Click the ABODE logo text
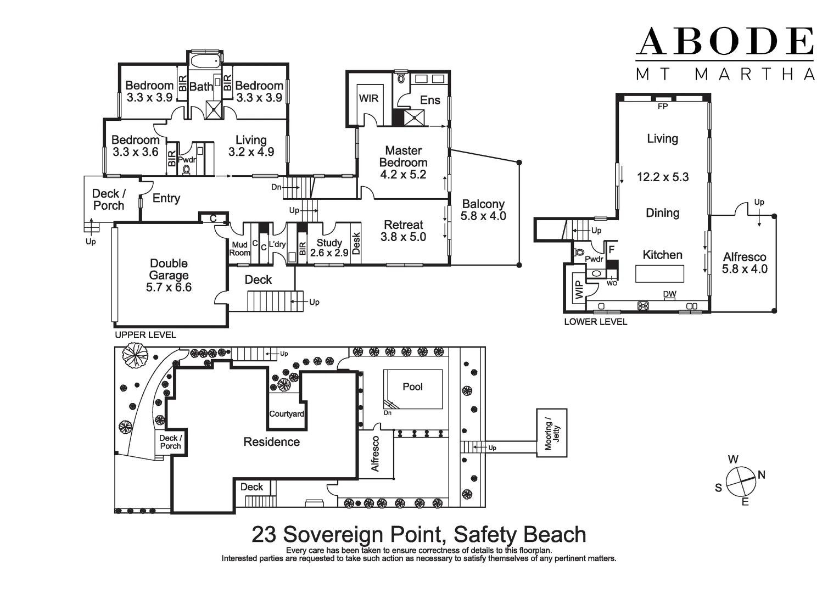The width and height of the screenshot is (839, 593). click(x=724, y=41)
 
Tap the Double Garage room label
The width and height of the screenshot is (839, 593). click(x=169, y=276)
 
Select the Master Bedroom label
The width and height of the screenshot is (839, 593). click(x=403, y=163)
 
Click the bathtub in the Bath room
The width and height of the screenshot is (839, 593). click(x=206, y=60)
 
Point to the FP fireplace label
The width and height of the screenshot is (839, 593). click(x=663, y=107)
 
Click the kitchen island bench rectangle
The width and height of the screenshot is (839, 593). click(x=659, y=273)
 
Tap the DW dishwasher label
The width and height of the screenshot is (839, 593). click(x=669, y=294)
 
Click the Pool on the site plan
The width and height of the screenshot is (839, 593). click(x=413, y=387)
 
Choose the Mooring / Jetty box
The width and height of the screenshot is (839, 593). click(x=552, y=433)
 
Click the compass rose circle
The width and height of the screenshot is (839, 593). click(x=741, y=482)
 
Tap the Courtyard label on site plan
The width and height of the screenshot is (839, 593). click(x=286, y=414)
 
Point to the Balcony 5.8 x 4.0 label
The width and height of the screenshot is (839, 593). click(x=483, y=210)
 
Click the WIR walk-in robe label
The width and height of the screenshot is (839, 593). click(x=368, y=99)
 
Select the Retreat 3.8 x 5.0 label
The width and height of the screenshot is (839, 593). click(x=403, y=231)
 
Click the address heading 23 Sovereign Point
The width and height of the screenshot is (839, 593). click(x=418, y=534)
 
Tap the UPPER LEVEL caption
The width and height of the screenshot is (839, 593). click(x=146, y=335)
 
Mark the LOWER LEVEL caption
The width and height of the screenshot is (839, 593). click(x=595, y=322)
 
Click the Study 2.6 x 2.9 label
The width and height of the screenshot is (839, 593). click(x=329, y=248)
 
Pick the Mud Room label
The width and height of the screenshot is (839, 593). click(x=239, y=249)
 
